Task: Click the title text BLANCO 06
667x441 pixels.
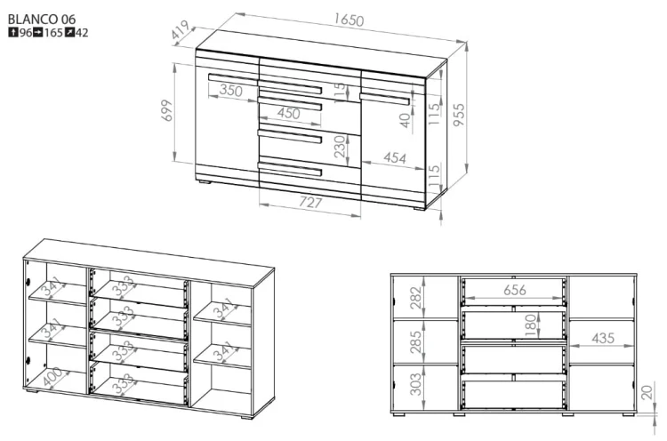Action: (x=42, y=20)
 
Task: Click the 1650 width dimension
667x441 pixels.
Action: (x=349, y=20)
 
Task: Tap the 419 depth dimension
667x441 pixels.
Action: (x=181, y=30)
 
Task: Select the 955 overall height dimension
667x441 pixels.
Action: (x=459, y=115)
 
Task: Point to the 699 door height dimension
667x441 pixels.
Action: (x=167, y=110)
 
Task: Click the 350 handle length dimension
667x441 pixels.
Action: (x=231, y=90)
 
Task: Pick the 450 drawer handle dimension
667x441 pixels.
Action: (x=289, y=113)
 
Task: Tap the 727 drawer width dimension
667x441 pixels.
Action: (x=310, y=202)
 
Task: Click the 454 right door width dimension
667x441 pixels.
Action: (x=394, y=157)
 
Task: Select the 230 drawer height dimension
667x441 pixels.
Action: (x=341, y=147)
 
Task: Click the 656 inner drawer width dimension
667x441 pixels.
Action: (x=515, y=290)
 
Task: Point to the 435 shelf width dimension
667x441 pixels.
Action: (x=603, y=338)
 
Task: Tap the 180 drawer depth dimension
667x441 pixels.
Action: (x=530, y=325)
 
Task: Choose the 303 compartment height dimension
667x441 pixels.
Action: (x=415, y=384)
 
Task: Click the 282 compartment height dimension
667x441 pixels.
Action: (x=415, y=297)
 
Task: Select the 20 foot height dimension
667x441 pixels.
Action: (x=647, y=392)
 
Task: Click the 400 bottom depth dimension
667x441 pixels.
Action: (x=52, y=377)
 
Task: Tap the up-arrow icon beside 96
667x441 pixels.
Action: (x=13, y=32)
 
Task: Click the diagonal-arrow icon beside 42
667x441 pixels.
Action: (x=69, y=32)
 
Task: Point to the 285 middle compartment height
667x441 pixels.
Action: (x=415, y=341)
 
